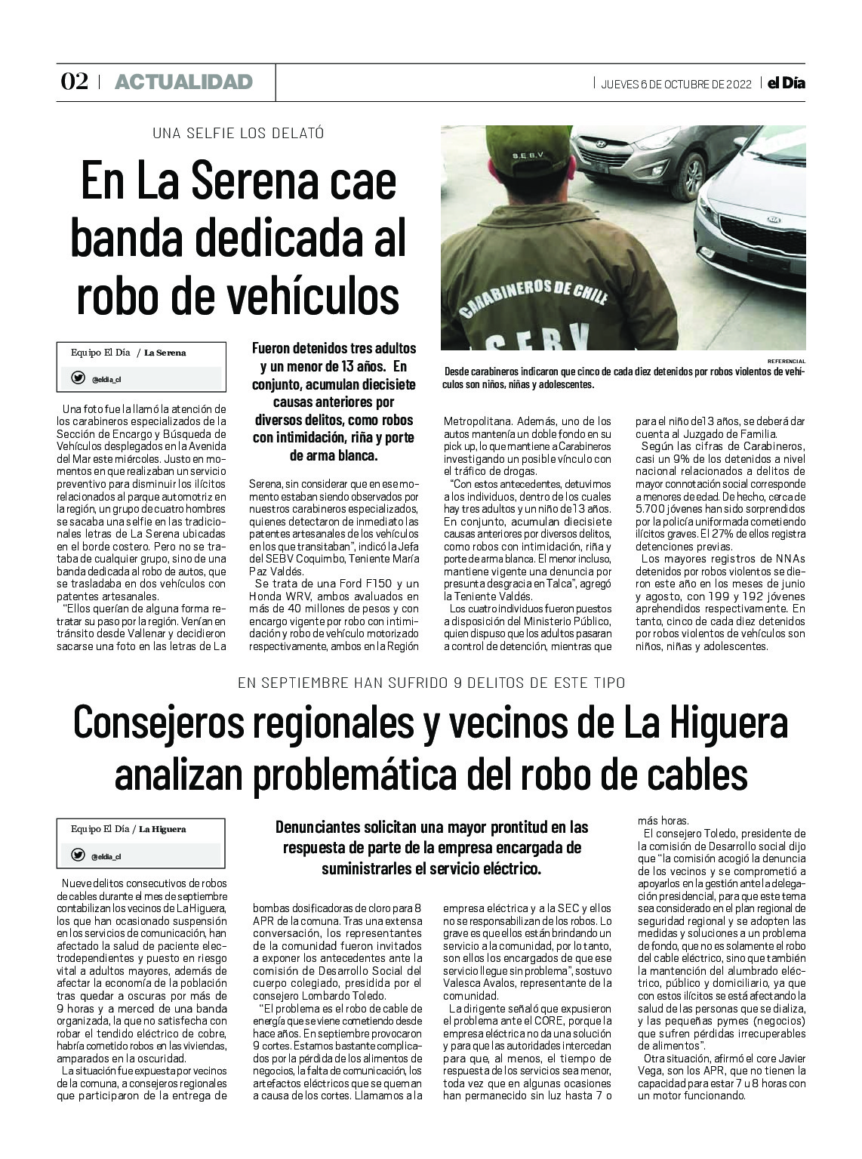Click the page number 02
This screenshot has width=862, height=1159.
click(x=75, y=82)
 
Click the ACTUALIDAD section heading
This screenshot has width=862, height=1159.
click(x=183, y=82)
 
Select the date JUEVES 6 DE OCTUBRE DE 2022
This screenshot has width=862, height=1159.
click(x=676, y=84)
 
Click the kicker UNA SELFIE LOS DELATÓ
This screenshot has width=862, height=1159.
click(x=238, y=134)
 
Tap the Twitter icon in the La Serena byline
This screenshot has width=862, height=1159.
click(x=78, y=378)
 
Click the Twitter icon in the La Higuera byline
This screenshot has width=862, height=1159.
click(x=78, y=855)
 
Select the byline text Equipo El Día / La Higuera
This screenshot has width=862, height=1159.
click(x=128, y=829)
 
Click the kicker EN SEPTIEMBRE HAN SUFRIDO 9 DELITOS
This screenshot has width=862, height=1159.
click(x=431, y=683)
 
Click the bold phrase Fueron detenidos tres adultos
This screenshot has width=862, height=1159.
click(x=334, y=350)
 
